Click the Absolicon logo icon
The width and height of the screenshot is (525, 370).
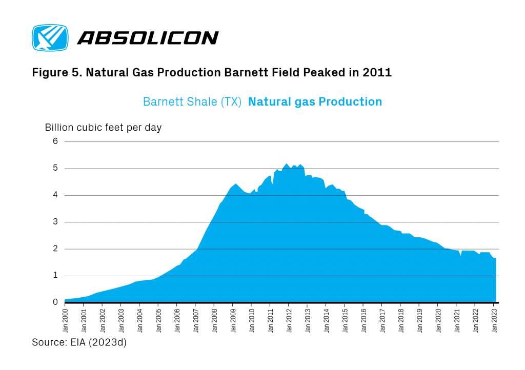(x=50, y=37)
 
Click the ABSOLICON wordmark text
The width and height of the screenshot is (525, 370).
(x=148, y=38)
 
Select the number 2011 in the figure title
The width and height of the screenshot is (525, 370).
(x=378, y=73)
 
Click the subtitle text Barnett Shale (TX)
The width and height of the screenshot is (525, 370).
(x=192, y=101)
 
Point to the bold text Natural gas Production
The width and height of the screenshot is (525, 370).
(x=315, y=101)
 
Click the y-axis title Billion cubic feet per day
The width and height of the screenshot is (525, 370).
(x=103, y=127)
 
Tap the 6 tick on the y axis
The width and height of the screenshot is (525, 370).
(x=55, y=141)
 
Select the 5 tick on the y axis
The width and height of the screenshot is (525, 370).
(x=55, y=169)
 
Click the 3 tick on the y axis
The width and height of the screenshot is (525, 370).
(x=55, y=222)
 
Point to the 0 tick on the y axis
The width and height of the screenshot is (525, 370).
(x=55, y=302)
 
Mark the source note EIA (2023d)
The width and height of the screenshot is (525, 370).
(x=101, y=342)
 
